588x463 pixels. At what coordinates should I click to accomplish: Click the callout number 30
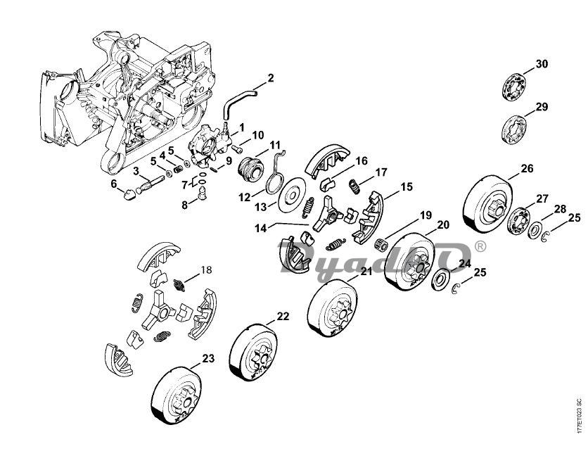click(541, 64)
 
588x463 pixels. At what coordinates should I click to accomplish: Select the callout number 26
click(526, 168)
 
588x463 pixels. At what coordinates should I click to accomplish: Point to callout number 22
click(282, 317)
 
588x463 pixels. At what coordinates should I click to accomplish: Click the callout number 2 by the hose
click(271, 77)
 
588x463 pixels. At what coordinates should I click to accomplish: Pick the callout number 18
click(207, 269)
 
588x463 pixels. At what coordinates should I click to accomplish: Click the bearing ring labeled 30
click(516, 89)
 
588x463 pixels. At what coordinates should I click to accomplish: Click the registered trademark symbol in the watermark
click(480, 246)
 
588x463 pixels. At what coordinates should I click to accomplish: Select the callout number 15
click(407, 186)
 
